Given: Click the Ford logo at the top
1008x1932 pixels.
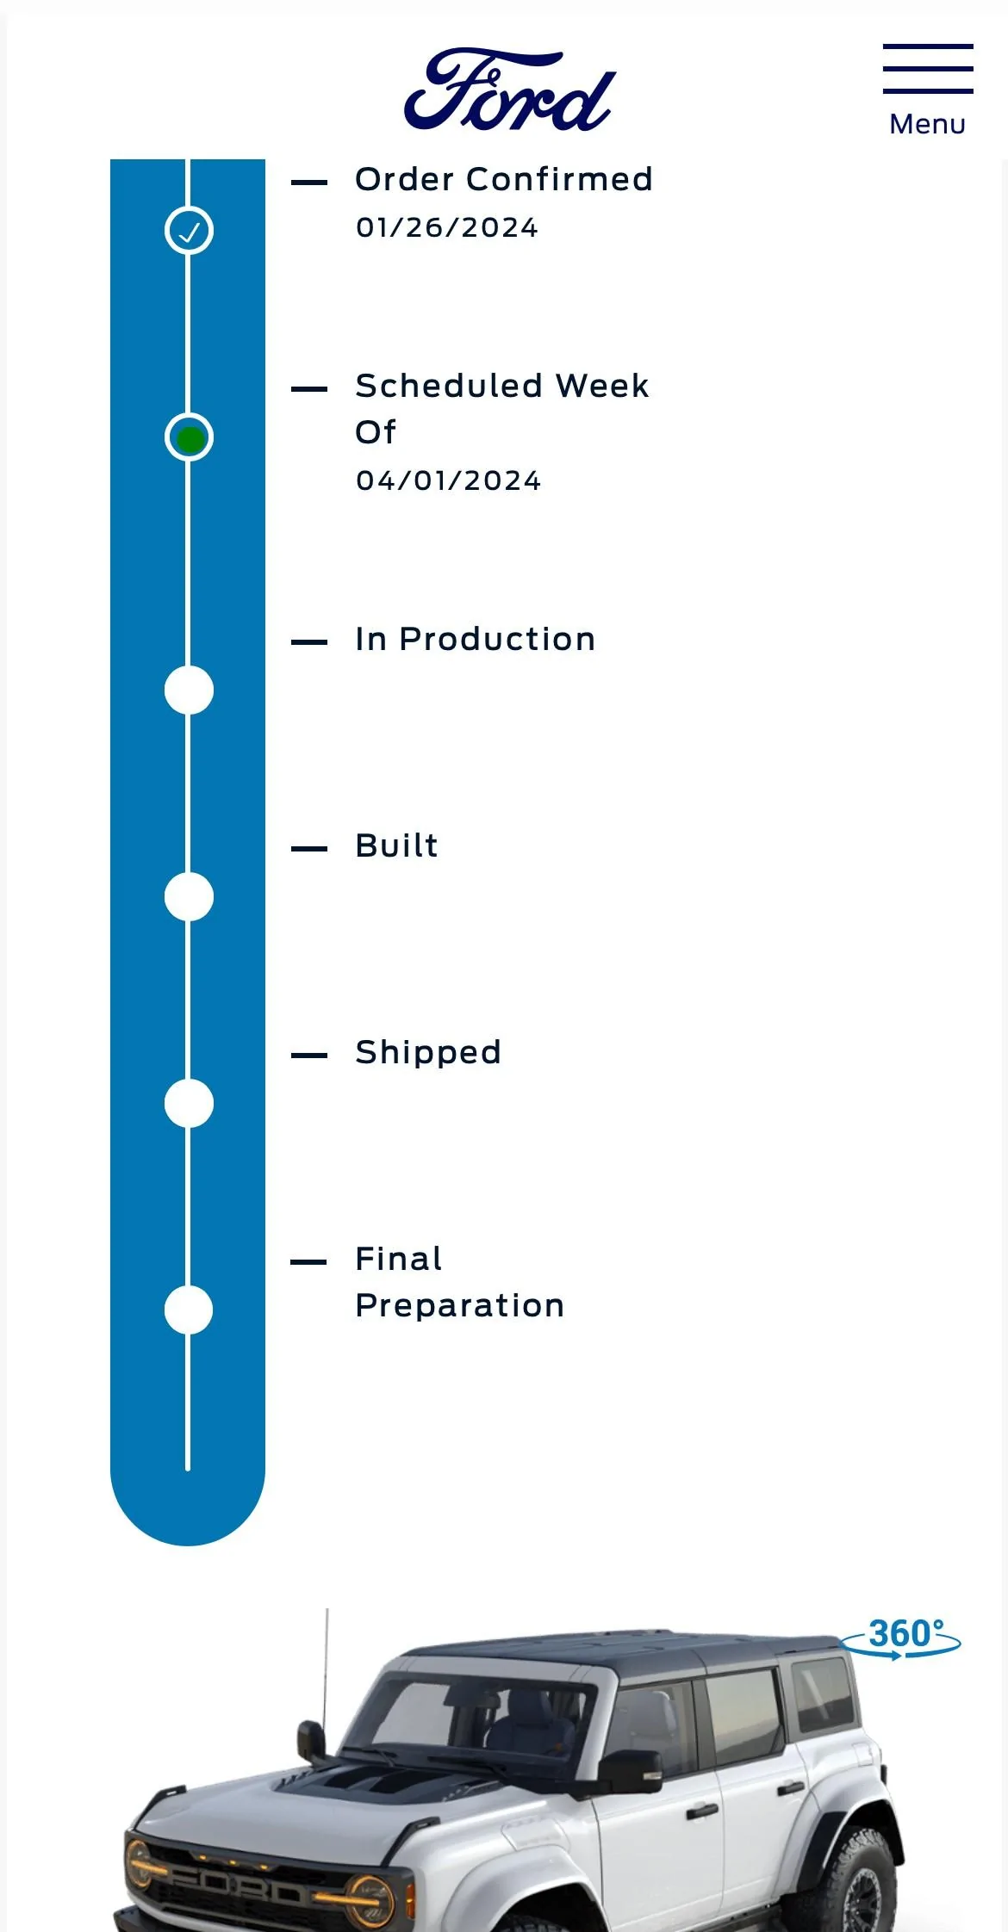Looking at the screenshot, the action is pos(510,90).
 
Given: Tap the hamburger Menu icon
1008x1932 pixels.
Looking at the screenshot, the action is pos(928,69).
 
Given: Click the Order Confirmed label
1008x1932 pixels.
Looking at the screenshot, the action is pos(504,179).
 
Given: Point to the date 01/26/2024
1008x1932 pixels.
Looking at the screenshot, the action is pos(447,227).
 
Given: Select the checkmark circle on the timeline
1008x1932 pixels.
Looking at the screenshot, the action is pos(189,231).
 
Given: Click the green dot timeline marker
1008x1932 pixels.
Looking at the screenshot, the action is pos(190,438).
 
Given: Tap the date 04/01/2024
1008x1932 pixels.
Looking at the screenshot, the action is pos(449,480).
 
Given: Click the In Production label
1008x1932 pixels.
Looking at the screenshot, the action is pos(476,639).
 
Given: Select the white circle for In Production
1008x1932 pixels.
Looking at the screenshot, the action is pos(189,690).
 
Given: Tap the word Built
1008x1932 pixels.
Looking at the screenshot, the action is pos(397,845).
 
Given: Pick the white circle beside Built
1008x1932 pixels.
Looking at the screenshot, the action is pos(189,896).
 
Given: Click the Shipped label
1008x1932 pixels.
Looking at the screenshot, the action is pos(428,1053).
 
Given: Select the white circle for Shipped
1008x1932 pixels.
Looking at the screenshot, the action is pos(189,1103).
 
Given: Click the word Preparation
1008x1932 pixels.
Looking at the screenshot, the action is pos(460,1306).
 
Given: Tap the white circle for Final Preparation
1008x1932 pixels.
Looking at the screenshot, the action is pos(189,1310).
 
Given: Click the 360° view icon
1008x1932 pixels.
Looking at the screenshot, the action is pos(900,1638).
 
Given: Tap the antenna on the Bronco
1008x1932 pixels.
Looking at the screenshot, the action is pos(327,1666).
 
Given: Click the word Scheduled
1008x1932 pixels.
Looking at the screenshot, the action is pos(449,386).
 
